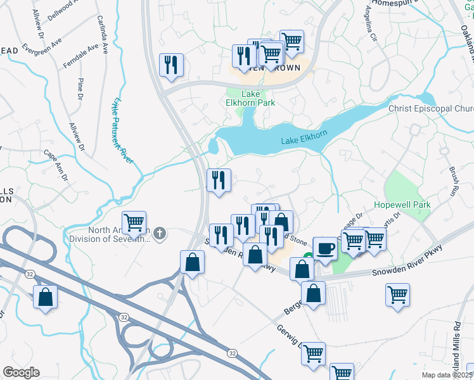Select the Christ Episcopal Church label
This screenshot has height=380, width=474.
tap(431, 108)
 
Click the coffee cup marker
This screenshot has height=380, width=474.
tap(325, 248)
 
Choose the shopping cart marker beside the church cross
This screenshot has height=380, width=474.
tap(134, 223)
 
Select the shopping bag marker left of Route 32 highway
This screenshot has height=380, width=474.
tap(46, 296)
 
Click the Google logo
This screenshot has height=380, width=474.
tap(21, 372)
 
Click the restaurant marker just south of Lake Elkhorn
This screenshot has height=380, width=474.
tap(219, 180)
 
